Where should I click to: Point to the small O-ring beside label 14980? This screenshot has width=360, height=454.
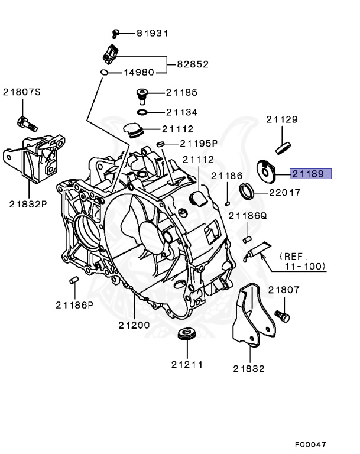pos(103,73)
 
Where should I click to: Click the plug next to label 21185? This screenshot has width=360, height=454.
pos(142,95)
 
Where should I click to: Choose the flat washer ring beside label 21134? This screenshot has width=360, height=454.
pos(142,112)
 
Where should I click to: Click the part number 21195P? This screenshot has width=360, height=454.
pos(199,143)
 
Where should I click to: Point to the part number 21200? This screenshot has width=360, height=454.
pos(134,325)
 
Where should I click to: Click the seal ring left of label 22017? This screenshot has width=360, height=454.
pos(247,190)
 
